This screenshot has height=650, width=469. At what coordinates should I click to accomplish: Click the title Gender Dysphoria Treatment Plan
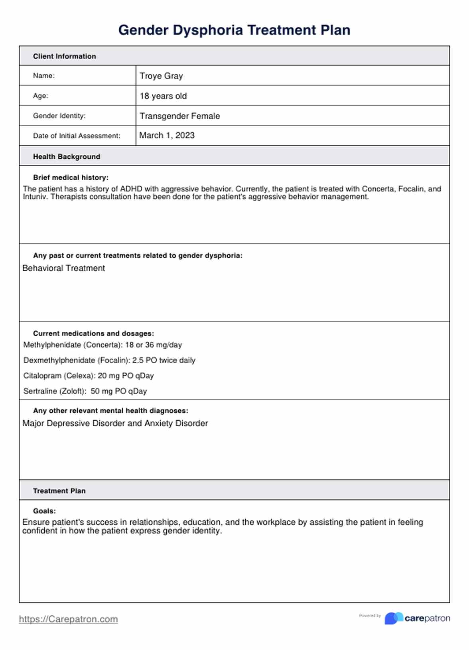234,30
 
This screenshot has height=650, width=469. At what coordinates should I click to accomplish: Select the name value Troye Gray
161,76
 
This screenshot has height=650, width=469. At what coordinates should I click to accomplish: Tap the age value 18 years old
163,96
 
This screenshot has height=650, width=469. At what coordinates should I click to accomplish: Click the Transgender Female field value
179,116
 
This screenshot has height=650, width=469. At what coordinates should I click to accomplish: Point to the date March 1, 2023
167,136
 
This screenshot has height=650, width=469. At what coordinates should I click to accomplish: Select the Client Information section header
64,56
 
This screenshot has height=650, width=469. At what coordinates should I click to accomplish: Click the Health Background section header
67,157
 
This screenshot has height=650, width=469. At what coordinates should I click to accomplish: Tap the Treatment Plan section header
59,491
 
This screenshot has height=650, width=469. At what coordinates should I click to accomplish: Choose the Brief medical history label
71,177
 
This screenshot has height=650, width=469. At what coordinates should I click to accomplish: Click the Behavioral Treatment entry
63,268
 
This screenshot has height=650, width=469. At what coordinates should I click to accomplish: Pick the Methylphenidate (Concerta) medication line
102,345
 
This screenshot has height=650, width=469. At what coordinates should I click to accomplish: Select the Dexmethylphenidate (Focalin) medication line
109,360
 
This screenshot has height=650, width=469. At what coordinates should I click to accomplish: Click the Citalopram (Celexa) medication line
88,376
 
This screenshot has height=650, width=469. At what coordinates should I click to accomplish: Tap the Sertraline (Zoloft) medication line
85,391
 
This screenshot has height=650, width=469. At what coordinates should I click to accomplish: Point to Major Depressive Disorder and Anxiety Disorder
115,423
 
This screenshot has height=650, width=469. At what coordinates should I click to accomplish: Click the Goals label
44,511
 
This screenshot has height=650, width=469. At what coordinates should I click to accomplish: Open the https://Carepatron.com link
68,619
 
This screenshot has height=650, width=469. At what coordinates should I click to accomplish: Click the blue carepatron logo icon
393,618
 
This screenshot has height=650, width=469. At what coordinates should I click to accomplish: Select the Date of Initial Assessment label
77,136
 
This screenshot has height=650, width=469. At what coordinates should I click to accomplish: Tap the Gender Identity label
59,116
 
